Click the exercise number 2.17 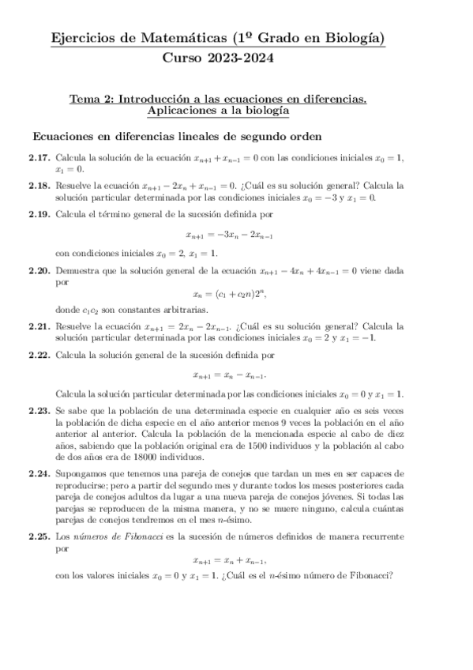coord(40,158)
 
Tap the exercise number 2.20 coord(40,272)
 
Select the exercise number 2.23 coord(40,412)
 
